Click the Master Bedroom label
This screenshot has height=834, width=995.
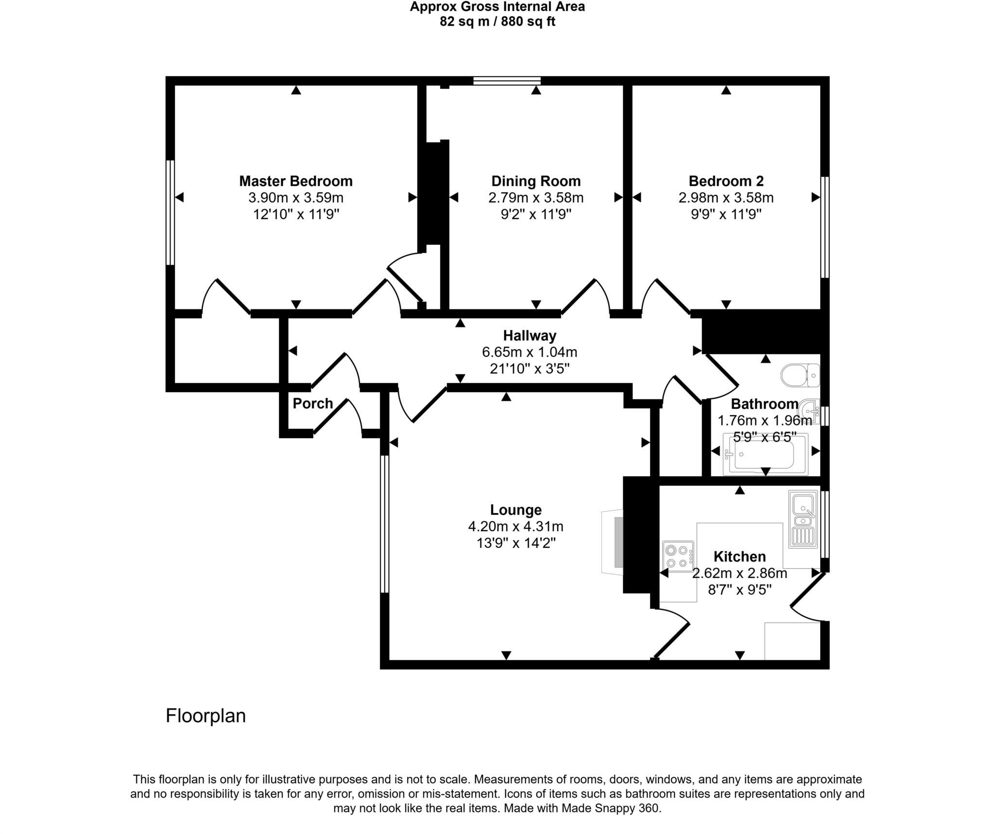pyautogui.click(x=296, y=181)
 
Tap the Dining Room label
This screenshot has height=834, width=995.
pyautogui.click(x=536, y=181)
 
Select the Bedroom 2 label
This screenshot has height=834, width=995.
pyautogui.click(x=726, y=181)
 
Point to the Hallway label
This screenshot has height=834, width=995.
pyautogui.click(x=530, y=336)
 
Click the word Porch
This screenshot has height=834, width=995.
pyautogui.click(x=313, y=403)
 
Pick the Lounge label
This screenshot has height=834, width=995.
pyautogui.click(x=515, y=510)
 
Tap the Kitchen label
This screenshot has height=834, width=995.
pyautogui.click(x=739, y=556)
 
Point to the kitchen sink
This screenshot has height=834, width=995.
pyautogui.click(x=804, y=519)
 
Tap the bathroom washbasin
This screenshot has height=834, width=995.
pyautogui.click(x=810, y=412)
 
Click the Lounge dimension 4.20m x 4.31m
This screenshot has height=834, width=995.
pyautogui.click(x=515, y=526)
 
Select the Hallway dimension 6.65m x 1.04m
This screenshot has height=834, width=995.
pyautogui.click(x=530, y=352)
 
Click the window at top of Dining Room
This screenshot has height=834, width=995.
pyautogui.click(x=507, y=81)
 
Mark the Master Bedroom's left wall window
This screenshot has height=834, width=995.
pyautogui.click(x=170, y=213)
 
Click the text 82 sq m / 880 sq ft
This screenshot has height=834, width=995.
pyautogui.click(x=497, y=21)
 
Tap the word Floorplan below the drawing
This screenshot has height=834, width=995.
pyautogui.click(x=206, y=716)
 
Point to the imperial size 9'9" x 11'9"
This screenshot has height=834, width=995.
pyautogui.click(x=726, y=214)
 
